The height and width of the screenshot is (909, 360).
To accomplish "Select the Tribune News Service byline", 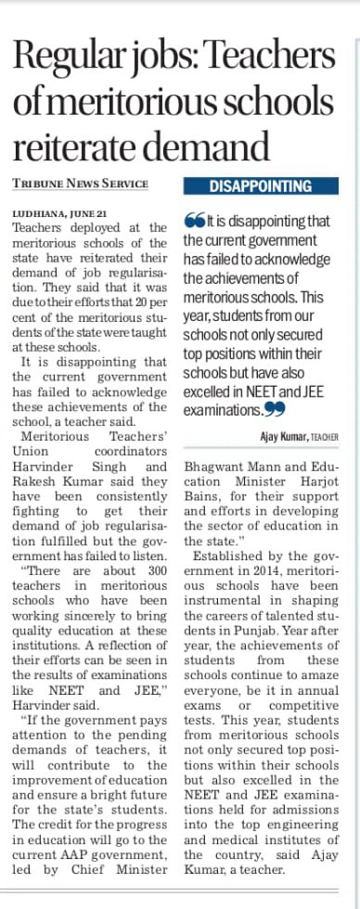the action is (81, 184).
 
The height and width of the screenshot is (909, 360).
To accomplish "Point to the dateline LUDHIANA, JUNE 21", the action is (58, 212).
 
